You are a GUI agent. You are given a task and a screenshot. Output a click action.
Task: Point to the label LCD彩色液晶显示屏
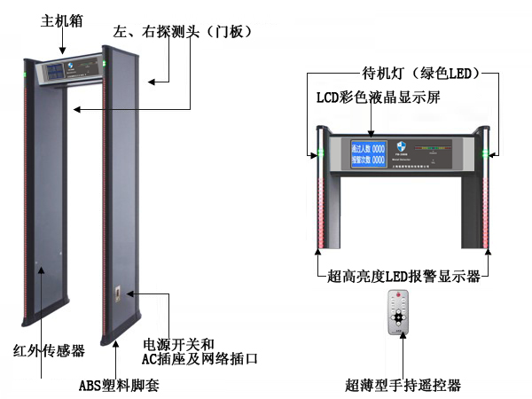[379, 97]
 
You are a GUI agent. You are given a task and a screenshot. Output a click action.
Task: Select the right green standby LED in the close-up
[485, 159]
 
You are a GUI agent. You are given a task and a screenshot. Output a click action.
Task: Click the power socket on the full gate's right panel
[118, 296]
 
